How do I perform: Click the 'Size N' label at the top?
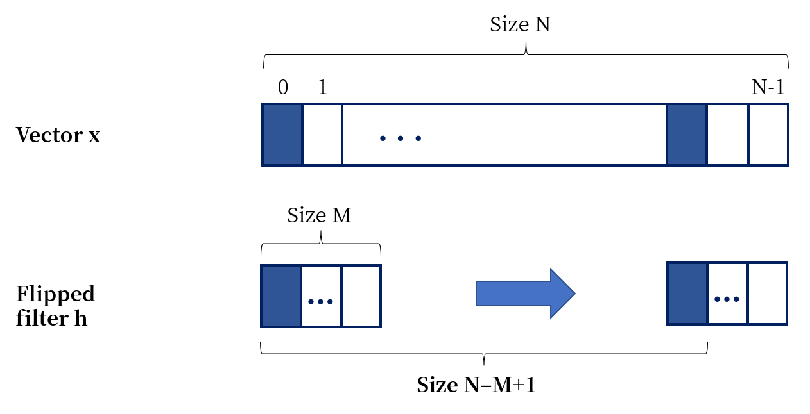520,25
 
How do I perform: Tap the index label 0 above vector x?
283,87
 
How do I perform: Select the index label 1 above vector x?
323,87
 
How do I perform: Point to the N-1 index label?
768,87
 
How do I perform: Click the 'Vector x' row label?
58,135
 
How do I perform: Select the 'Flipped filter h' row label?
55,306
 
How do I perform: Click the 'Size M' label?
319,215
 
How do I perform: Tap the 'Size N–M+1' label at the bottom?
476,385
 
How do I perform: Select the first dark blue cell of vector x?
282,135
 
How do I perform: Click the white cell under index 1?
322,135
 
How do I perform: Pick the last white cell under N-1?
768,135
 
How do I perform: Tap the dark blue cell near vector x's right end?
687,135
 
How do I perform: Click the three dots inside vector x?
400,138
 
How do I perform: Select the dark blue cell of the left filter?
281,296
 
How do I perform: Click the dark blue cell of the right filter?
687,294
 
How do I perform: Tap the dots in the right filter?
727,299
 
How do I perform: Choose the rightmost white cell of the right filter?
768,294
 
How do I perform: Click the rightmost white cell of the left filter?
361,296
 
